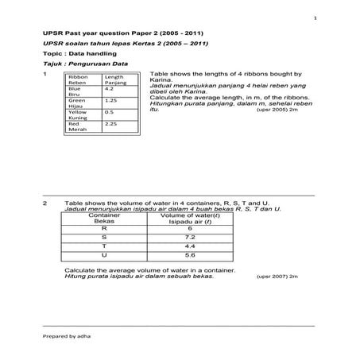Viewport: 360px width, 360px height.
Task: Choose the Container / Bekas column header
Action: click(x=99, y=218)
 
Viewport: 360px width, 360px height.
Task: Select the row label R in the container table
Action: click(x=99, y=228)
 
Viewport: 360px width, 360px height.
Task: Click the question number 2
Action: click(x=46, y=203)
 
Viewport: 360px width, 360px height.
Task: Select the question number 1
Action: click(x=46, y=73)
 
